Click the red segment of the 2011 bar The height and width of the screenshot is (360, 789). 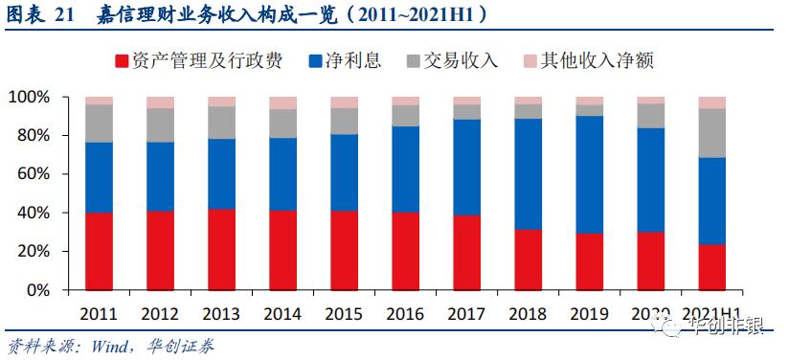pyautogui.click(x=99, y=251)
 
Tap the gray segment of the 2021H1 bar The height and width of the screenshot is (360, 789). pyautogui.click(x=711, y=133)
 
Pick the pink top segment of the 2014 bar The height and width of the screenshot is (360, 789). pyautogui.click(x=282, y=102)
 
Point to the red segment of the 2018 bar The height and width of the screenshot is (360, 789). pyautogui.click(x=528, y=259)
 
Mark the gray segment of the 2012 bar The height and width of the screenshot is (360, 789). pyautogui.click(x=160, y=124)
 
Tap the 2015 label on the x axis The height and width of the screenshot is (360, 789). pyautogui.click(x=344, y=313)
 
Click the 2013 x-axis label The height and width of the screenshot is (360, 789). pyautogui.click(x=221, y=313)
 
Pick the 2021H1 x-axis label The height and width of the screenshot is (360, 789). pyautogui.click(x=711, y=313)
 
